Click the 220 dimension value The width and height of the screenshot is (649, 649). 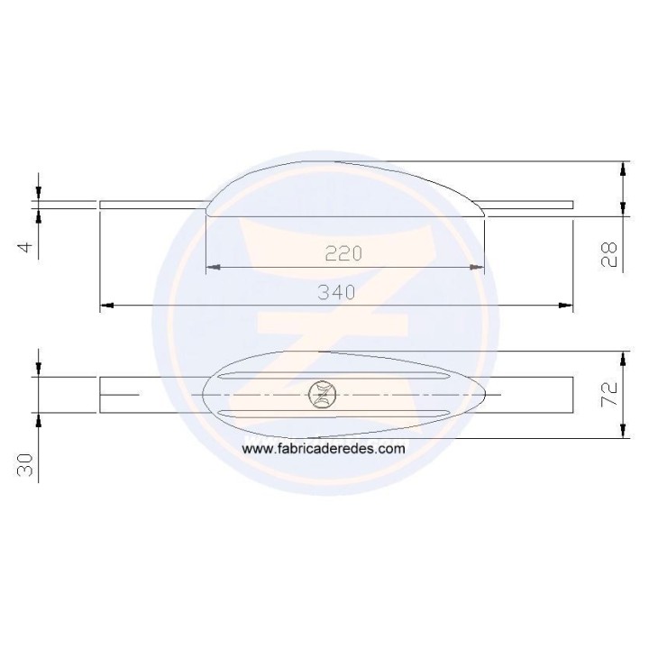pyautogui.click(x=343, y=254)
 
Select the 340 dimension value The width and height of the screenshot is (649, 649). pyautogui.click(x=336, y=292)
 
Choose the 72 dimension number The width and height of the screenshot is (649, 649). pyautogui.click(x=609, y=394)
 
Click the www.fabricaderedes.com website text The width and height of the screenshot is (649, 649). pyautogui.click(x=324, y=448)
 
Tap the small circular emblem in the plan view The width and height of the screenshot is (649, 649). pyautogui.click(x=322, y=394)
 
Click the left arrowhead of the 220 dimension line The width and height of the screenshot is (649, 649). pyautogui.click(x=211, y=268)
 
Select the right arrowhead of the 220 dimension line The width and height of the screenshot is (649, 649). pyautogui.click(x=479, y=268)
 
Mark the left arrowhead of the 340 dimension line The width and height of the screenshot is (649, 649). pyautogui.click(x=105, y=306)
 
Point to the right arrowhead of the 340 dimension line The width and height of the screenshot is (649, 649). pyautogui.click(x=567, y=306)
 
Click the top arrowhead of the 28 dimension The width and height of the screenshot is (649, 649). pyautogui.click(x=623, y=167)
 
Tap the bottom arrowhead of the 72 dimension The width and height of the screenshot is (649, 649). pyautogui.click(x=623, y=433)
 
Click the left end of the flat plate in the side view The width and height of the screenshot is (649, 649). pyautogui.click(x=101, y=205)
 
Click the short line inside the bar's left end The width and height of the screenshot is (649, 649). pyautogui.click(x=119, y=395)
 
